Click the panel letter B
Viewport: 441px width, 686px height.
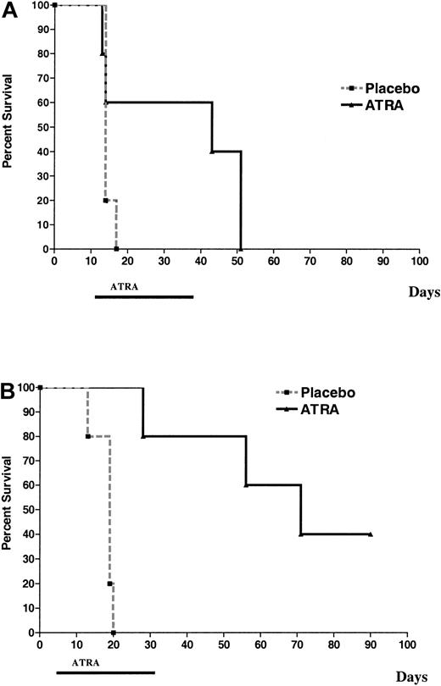pyautogui.click(x=9, y=393)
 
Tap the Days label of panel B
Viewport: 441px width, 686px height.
pyautogui.click(x=417, y=676)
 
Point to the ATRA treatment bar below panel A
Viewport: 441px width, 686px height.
pyautogui.click(x=143, y=297)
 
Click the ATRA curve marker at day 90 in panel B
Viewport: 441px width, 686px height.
pyautogui.click(x=371, y=534)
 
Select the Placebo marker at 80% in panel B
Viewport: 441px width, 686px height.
pyautogui.click(x=87, y=437)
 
